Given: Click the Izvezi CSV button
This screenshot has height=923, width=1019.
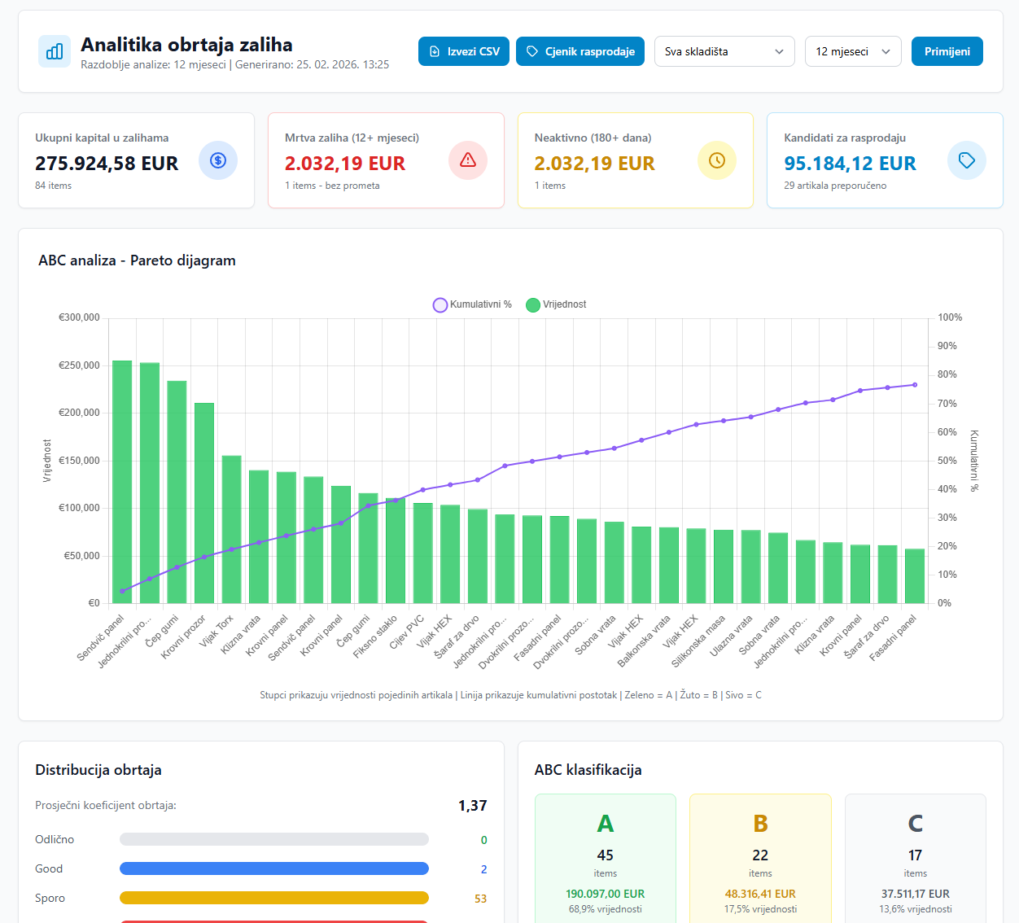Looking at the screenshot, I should pos(464,51).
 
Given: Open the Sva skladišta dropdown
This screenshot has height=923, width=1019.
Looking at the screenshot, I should pos(724,51).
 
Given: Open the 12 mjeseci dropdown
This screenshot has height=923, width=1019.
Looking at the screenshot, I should pos(852,51).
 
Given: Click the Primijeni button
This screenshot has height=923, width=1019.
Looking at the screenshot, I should pos(947,51).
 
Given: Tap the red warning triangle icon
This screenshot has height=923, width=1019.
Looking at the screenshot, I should pos(468,160).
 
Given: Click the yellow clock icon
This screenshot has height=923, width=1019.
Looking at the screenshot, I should pos(717,160).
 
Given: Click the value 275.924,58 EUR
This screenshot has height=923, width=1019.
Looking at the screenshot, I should pos(107,164).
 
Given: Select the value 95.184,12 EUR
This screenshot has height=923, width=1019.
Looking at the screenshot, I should pos(850,164).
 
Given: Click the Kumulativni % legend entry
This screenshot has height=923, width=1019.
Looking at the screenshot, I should pos(473,304).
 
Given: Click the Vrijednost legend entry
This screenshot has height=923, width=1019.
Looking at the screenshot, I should pos(557,304).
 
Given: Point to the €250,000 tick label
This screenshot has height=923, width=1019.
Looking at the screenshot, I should pos(79,365).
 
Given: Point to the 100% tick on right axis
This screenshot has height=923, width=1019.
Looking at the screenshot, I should pos(949,317).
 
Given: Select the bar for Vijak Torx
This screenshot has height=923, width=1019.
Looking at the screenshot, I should pos(232,529).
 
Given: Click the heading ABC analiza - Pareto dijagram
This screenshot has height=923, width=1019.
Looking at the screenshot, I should pos(137,260).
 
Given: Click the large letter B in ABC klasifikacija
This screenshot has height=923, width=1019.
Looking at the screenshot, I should pos(760,824).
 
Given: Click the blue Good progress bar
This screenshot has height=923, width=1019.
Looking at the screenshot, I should pos(273,868).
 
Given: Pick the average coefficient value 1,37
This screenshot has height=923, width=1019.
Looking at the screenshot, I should pos(472,806).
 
